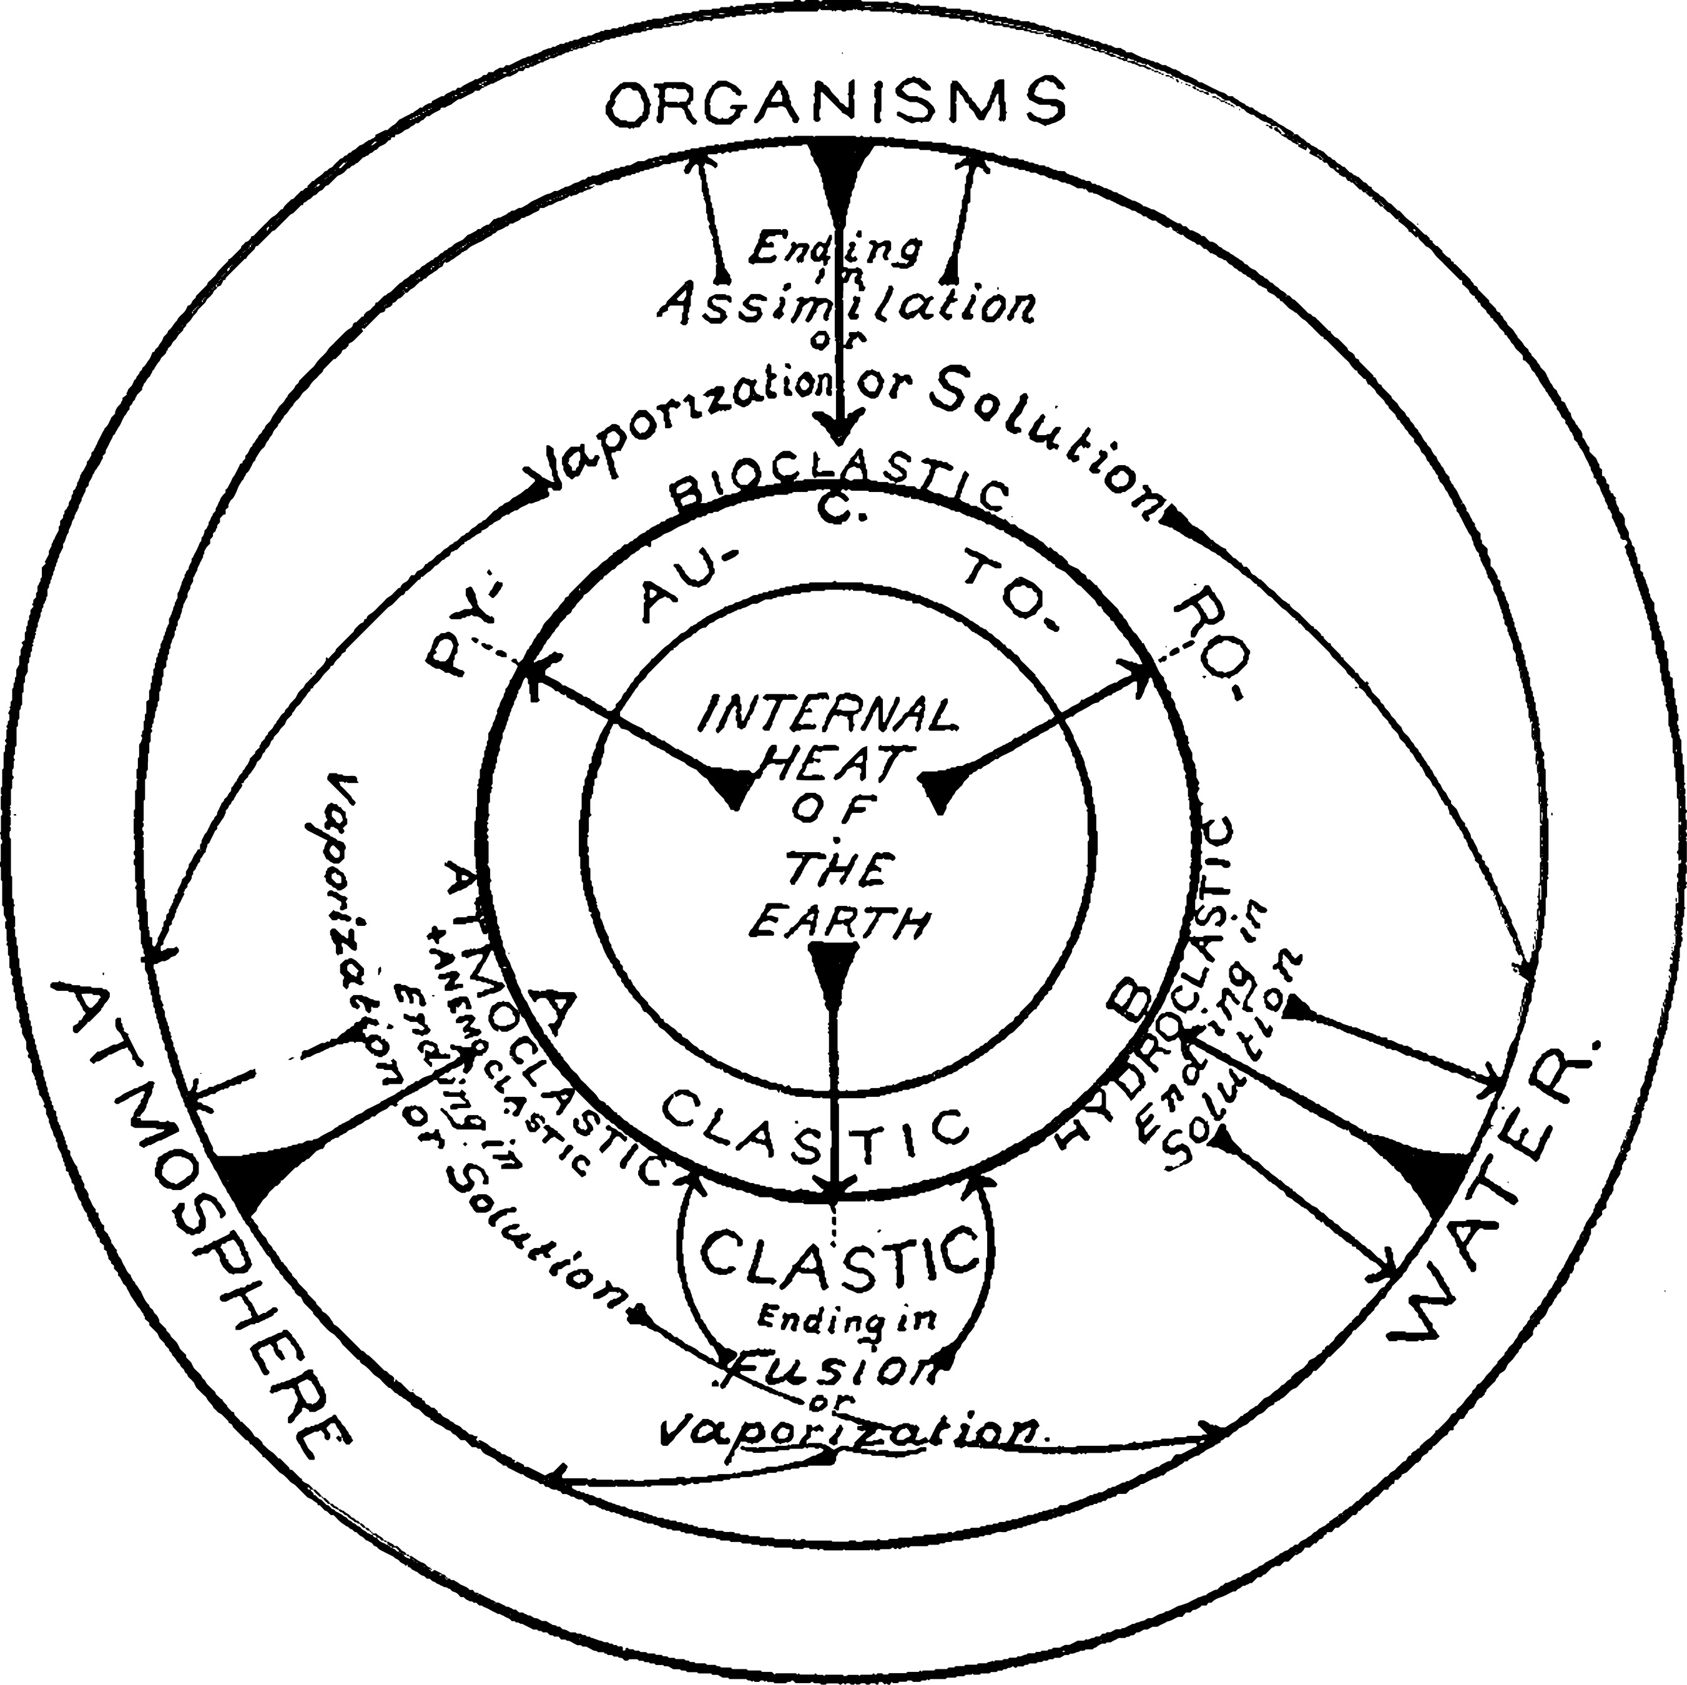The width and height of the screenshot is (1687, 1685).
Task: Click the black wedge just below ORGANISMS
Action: coord(839,175)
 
